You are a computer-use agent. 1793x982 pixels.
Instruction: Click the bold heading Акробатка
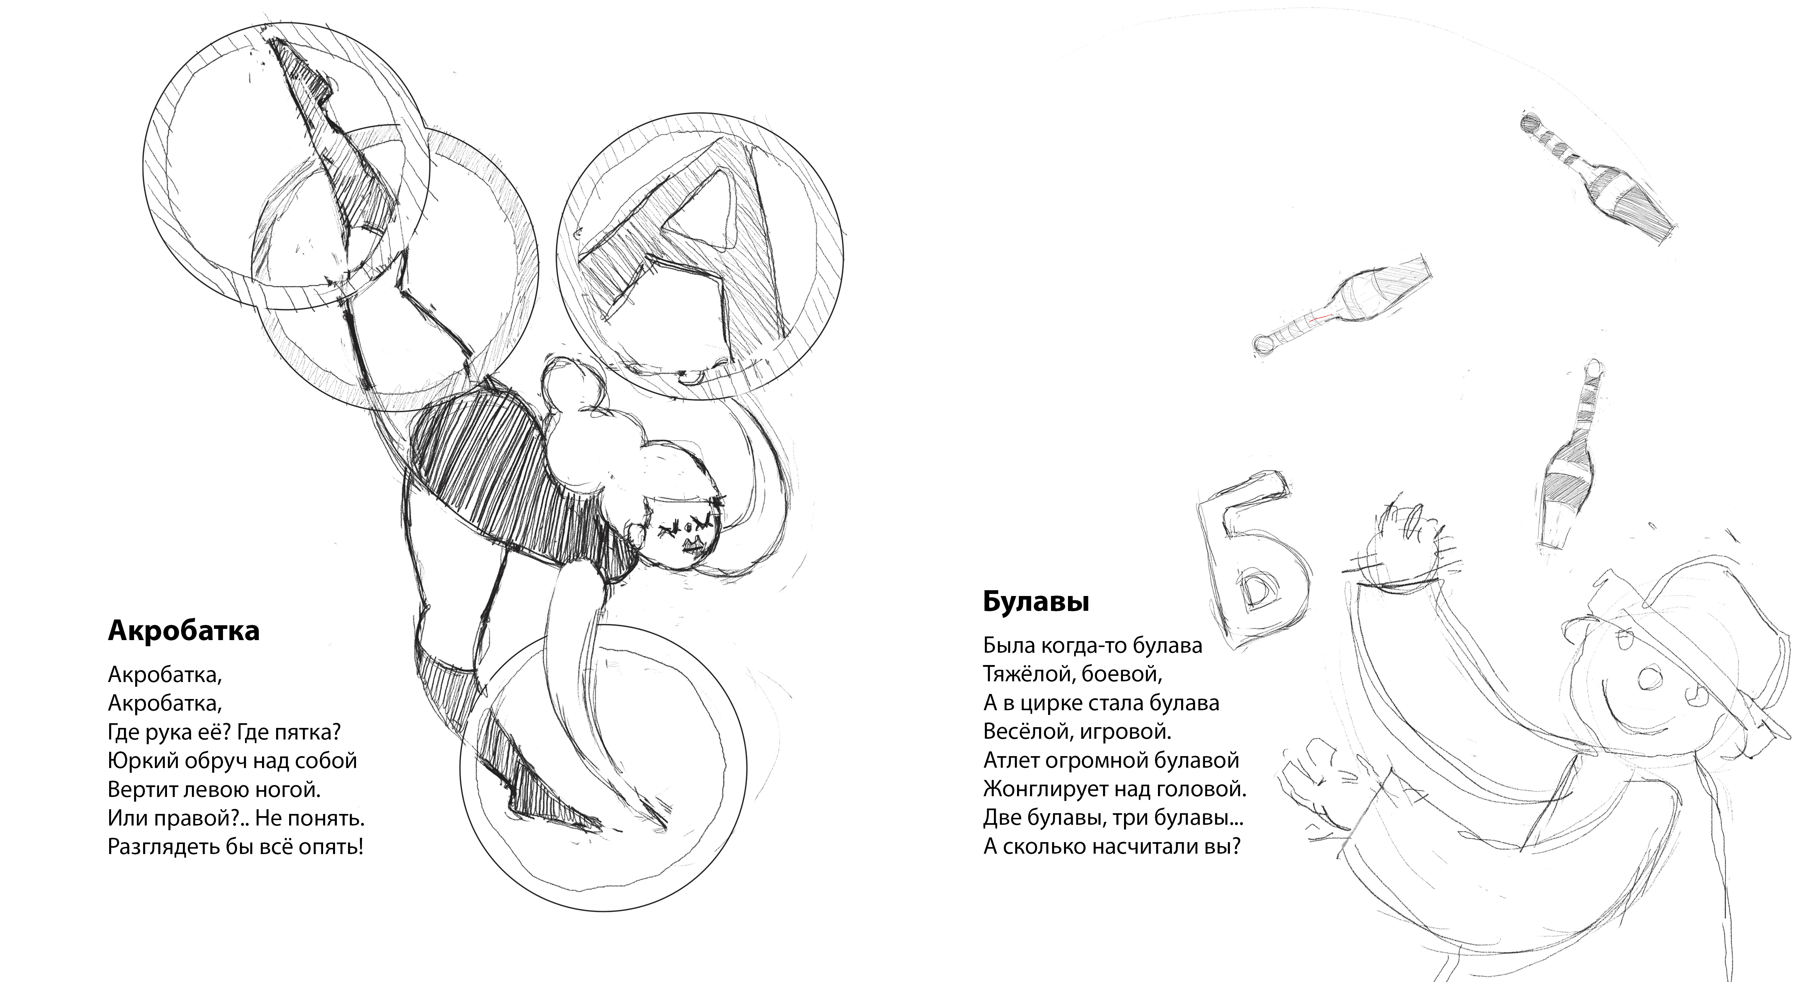pyautogui.click(x=184, y=631)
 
